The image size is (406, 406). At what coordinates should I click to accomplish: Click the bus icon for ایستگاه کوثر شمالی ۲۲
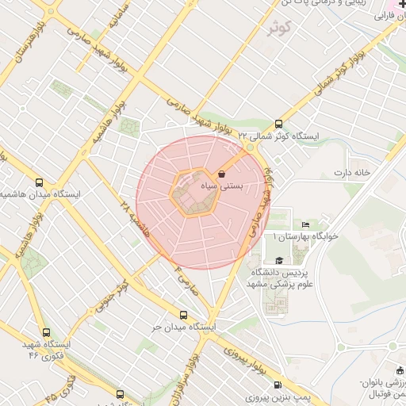click(278, 124)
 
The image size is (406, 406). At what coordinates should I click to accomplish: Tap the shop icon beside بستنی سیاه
click(220, 174)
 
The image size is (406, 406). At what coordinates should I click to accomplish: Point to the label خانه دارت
click(352, 173)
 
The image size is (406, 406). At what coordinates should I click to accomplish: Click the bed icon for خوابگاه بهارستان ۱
click(284, 224)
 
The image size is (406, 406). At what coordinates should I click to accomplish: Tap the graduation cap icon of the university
click(278, 261)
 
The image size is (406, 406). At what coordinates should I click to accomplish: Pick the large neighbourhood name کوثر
click(280, 29)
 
